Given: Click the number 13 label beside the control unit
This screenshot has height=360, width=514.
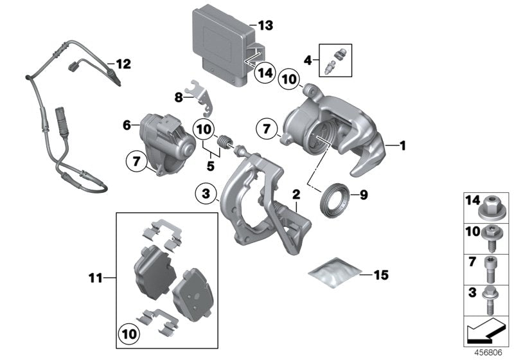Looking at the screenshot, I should pos(265,26).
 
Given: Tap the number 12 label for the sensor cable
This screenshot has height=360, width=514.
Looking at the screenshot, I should pos(122,64).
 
